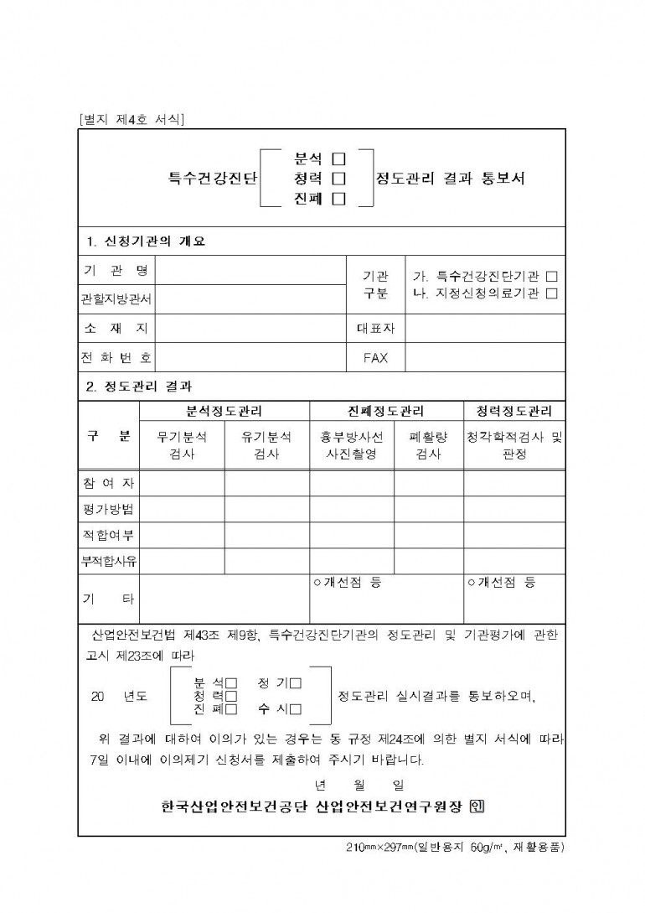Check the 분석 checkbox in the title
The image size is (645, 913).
click(x=339, y=158)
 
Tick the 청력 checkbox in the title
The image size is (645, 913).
click(x=339, y=178)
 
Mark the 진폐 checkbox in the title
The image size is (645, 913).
click(x=339, y=199)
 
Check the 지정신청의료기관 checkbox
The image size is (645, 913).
click(x=551, y=293)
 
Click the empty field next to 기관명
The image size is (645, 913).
click(x=251, y=271)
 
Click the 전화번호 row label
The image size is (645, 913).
click(x=116, y=358)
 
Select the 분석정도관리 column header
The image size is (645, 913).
click(x=224, y=412)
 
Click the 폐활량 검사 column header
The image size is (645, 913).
click(x=429, y=445)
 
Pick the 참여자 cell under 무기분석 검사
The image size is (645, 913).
click(x=182, y=484)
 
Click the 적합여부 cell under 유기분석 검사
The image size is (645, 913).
click(x=266, y=535)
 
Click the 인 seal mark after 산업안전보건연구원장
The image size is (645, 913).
click(x=477, y=807)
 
